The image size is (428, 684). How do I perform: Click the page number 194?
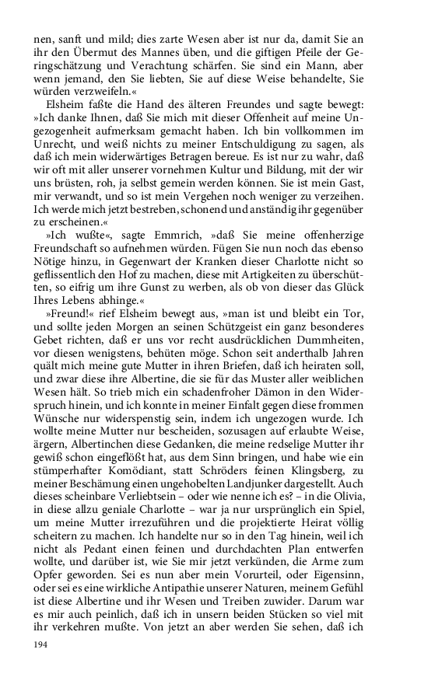41,645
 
